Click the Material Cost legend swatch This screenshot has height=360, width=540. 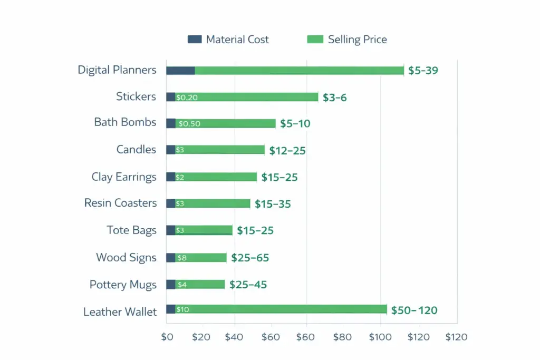(195, 40)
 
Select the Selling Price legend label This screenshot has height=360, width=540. (357, 40)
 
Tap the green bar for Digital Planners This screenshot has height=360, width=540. (298, 71)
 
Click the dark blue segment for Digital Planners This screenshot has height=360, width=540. (180, 71)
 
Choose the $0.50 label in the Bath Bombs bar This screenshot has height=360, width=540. (189, 124)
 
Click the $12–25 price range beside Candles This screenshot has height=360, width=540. (287, 151)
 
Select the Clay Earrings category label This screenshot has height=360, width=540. (124, 177)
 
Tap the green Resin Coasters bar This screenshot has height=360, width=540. (216, 203)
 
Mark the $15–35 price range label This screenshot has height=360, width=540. (273, 204)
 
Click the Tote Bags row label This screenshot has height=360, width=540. (131, 230)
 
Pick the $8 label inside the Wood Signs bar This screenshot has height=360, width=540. (181, 258)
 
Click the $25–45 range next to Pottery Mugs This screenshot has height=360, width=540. (248, 285)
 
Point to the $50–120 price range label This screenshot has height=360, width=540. (414, 310)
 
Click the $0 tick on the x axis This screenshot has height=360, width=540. (167, 337)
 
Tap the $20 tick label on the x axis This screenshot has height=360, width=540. (201, 337)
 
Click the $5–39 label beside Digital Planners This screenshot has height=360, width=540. (423, 71)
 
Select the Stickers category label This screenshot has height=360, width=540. (136, 96)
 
